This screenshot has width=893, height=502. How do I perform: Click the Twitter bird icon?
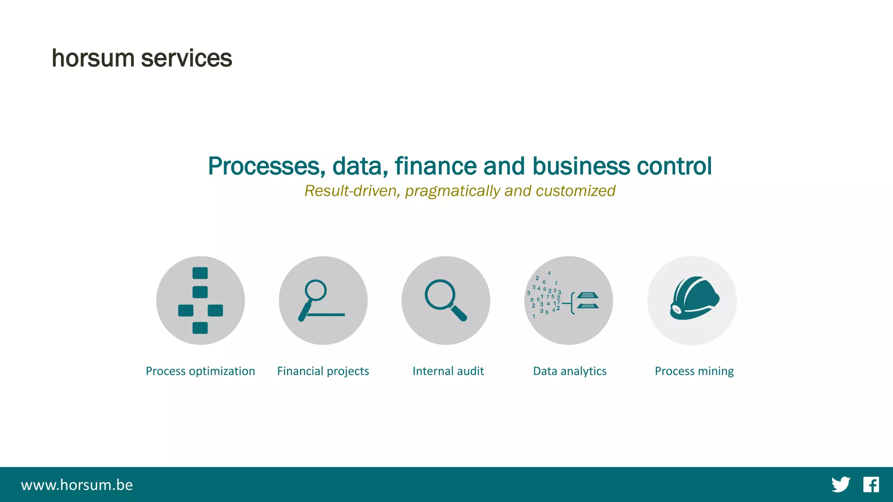[x=840, y=485]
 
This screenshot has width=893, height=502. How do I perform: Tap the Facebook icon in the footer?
[x=871, y=485]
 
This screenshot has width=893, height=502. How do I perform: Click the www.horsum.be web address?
[x=77, y=485]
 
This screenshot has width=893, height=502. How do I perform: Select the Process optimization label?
[x=200, y=371]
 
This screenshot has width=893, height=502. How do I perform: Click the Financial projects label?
[x=323, y=371]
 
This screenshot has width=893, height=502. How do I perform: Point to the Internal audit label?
[x=448, y=371]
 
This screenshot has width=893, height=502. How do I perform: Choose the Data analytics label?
[x=569, y=371]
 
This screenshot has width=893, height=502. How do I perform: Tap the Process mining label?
[x=694, y=371]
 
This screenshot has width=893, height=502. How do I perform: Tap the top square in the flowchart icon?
[x=200, y=273]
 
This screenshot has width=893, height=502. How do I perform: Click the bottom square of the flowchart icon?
[x=200, y=328]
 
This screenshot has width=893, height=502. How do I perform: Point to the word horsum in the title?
[x=93, y=58]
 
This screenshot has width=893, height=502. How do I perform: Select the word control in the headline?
[x=674, y=166]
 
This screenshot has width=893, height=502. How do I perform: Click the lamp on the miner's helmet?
[x=676, y=309]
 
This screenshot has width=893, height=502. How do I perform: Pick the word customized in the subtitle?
[x=575, y=191]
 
